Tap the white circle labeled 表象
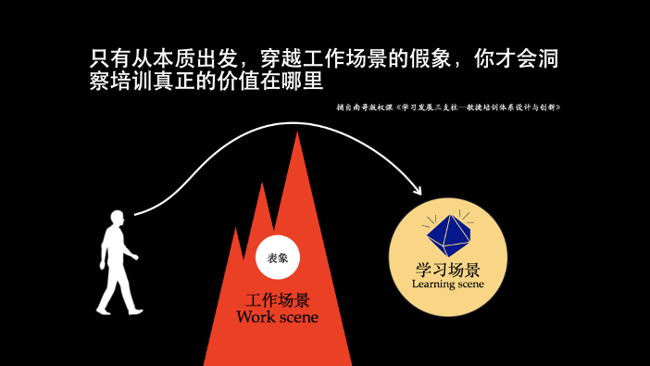click(x=277, y=259)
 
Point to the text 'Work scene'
click(x=277, y=318)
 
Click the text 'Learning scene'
click(x=448, y=284)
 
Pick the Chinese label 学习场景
click(x=448, y=270)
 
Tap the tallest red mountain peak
click(x=297, y=137)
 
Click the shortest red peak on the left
click(x=238, y=230)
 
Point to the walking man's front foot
click(x=135, y=310)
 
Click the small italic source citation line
click(x=450, y=107)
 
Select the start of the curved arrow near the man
click(x=136, y=215)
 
